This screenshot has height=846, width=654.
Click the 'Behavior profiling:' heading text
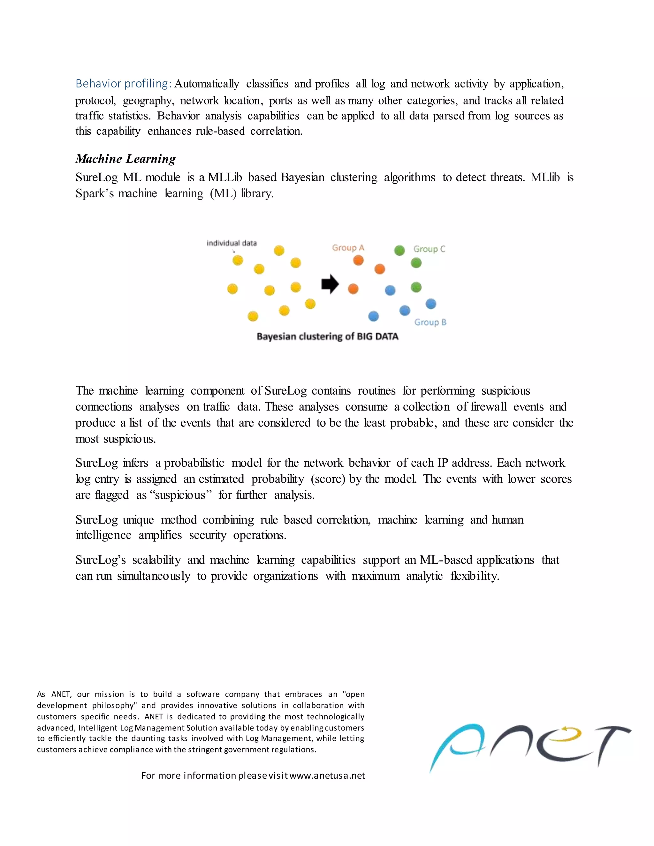coord(123,84)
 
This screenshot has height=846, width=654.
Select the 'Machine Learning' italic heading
coord(125,159)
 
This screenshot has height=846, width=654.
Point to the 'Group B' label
coord(430,322)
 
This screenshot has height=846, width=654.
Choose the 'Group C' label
coord(429,249)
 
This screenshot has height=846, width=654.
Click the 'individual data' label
coord(232,243)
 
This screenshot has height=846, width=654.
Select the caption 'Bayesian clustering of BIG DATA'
coord(327,336)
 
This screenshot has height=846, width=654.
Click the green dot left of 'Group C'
coord(399,250)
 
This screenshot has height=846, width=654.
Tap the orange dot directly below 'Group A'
coord(358,260)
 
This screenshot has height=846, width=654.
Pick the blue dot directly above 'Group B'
coord(431,304)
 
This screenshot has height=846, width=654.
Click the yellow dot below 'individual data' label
coord(238,260)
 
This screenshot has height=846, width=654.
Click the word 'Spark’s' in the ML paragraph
coord(95,193)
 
